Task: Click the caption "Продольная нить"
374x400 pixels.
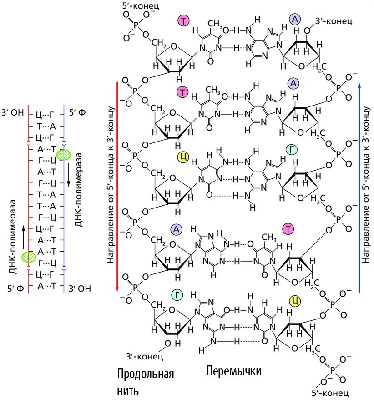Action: tap(146, 383)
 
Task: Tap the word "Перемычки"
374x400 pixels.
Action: tap(234, 371)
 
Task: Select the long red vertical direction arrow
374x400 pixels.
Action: tap(117, 187)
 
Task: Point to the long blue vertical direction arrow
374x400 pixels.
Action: tap(360, 187)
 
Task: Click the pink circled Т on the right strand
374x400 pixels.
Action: tap(288, 229)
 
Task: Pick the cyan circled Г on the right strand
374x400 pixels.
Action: tap(291, 150)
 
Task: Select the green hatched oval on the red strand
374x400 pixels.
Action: tap(30, 257)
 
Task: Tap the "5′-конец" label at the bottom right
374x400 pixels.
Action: tap(330, 392)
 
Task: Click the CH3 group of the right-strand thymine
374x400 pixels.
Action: tap(269, 237)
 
